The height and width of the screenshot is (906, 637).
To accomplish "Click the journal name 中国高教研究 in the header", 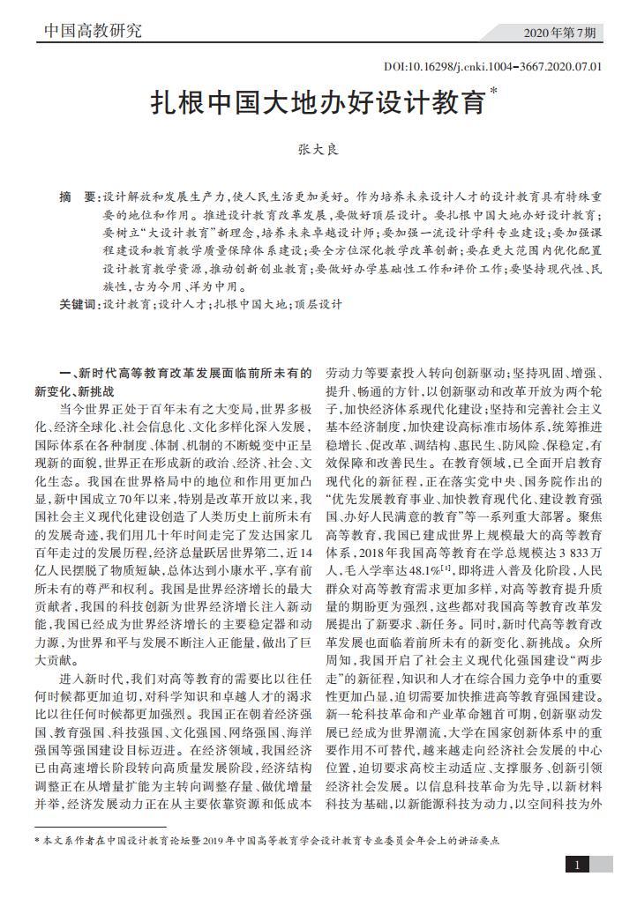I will pos(93,32).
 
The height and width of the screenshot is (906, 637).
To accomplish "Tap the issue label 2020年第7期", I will pos(565,33).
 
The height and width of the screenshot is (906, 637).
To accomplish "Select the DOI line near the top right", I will pos(493,66).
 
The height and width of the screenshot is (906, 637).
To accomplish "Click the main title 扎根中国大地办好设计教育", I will pos(318,104).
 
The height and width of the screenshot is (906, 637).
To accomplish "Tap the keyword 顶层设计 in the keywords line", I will pos(317,305).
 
